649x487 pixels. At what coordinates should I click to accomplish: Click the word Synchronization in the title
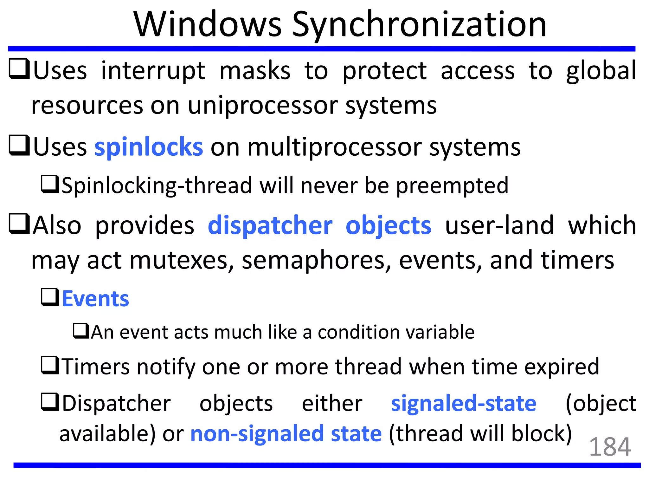click(419, 25)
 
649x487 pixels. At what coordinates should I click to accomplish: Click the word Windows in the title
click(208, 25)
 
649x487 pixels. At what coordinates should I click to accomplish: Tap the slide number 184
click(610, 447)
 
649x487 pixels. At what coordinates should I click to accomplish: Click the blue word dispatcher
click(270, 225)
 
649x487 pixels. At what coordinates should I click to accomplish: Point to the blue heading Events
click(95, 299)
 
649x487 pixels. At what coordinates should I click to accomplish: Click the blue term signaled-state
click(464, 403)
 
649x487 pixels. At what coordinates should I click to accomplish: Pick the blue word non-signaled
click(257, 434)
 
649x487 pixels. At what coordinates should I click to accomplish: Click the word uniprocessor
click(263, 106)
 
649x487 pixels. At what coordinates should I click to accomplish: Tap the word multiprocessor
click(335, 147)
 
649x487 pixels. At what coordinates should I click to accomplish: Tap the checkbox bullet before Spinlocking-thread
click(50, 184)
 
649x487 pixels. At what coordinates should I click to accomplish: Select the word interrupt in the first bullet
click(153, 71)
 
